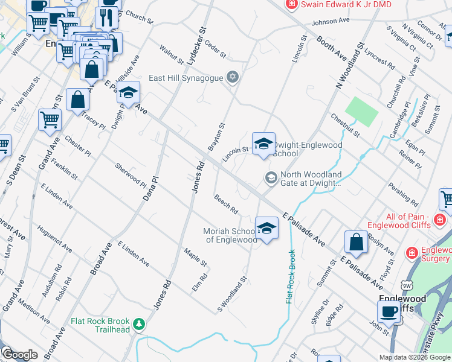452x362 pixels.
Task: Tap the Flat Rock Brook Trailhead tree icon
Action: click(140, 324)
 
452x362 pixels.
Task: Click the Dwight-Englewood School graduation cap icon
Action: click(263, 144)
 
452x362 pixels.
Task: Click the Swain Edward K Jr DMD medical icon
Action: click(292, 4)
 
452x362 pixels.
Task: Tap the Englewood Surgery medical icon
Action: click(412, 252)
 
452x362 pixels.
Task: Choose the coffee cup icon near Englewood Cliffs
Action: click(389, 312)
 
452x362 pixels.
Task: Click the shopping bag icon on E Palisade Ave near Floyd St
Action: click(357, 242)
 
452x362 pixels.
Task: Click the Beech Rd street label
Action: click(225, 204)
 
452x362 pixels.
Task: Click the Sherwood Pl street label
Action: click(131, 174)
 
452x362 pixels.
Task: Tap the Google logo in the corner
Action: click(19, 354)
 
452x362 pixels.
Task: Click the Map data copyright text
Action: click(415, 357)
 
